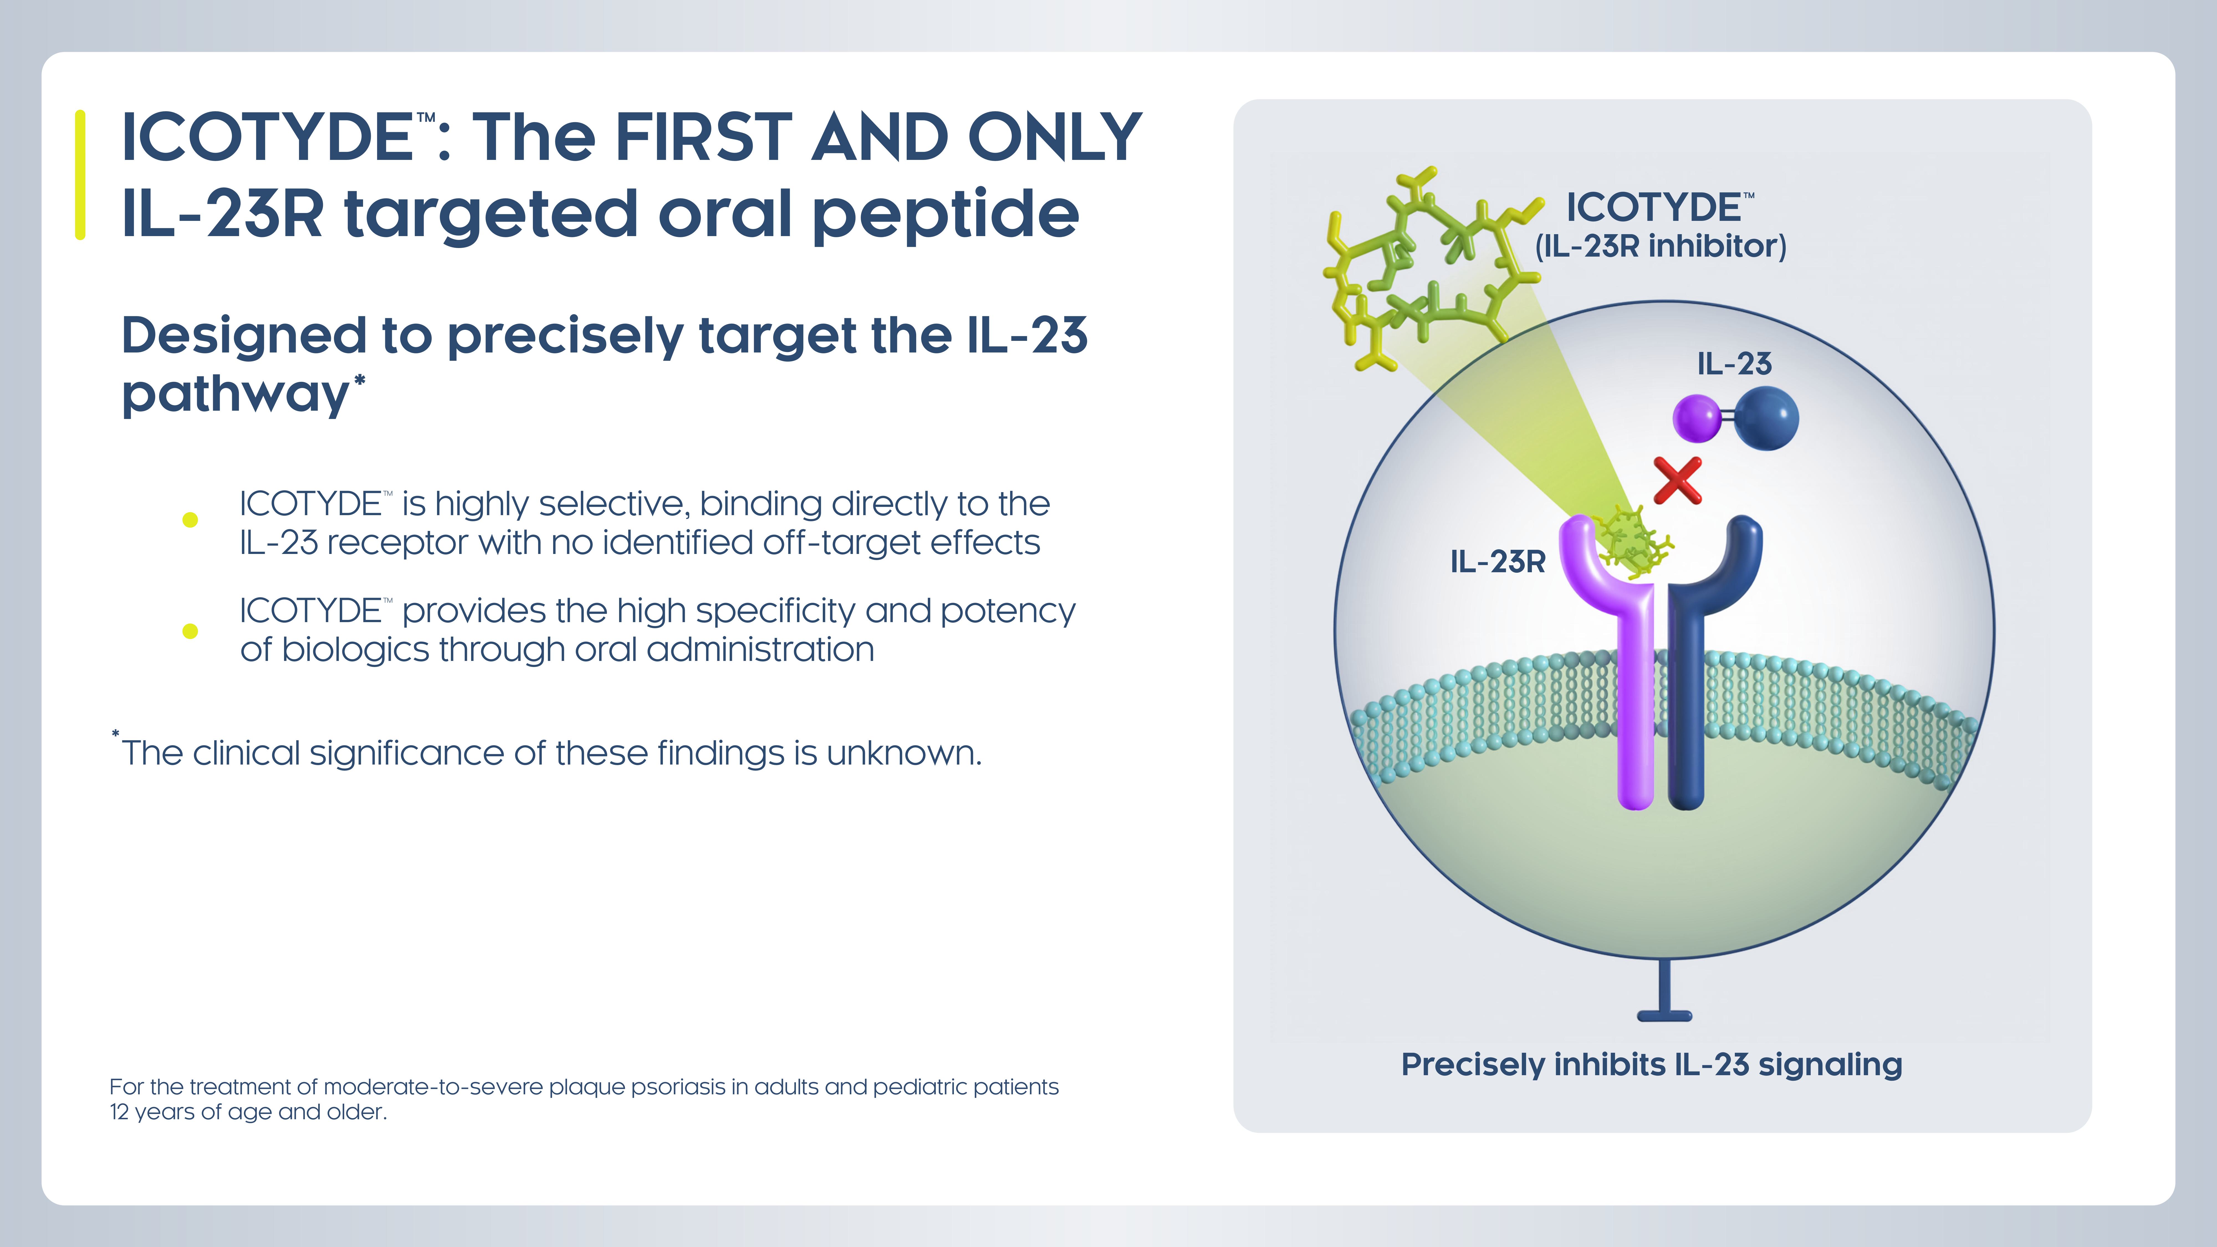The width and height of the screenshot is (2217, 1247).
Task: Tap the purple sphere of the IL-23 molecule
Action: coord(1695,418)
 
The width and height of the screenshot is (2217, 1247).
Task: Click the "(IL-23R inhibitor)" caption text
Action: coord(1661,246)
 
